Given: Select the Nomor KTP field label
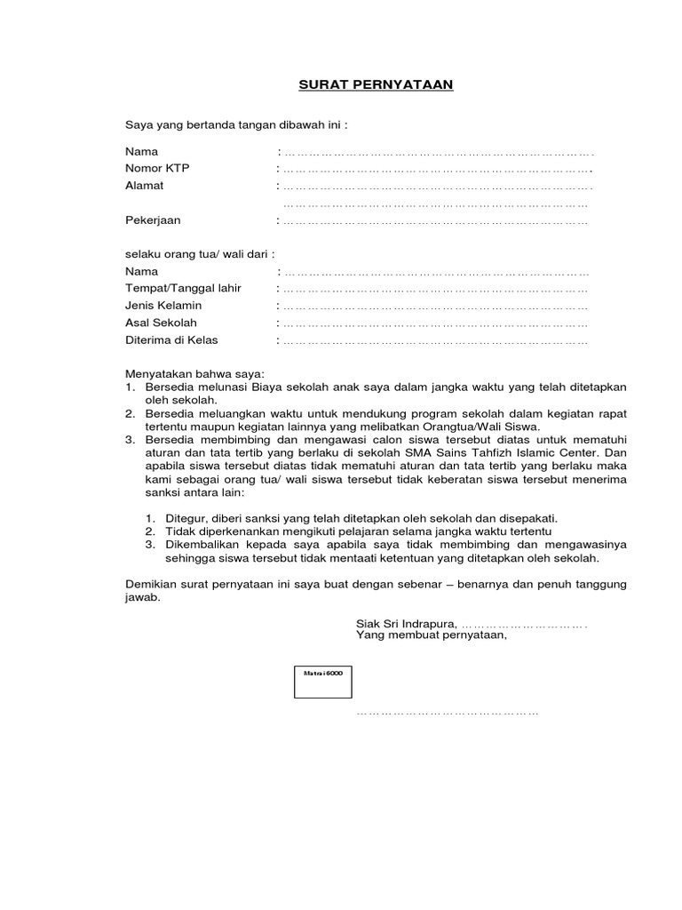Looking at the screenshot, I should click(157, 169).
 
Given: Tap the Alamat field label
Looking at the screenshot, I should click(144, 186).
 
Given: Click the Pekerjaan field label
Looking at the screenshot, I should click(153, 220).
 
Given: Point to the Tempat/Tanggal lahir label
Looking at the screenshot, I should click(183, 289).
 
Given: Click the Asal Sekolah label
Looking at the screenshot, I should click(161, 323).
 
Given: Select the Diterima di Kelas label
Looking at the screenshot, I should click(171, 339).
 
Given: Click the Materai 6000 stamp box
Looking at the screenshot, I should click(323, 682).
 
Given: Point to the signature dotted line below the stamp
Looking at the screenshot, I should click(448, 714).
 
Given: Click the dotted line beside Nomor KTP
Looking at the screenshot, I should click(434, 170).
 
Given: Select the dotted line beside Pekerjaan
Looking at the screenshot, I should click(434, 221).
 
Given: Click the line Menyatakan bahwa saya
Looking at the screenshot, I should click(194, 374).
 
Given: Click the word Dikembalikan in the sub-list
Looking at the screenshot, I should click(197, 544).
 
